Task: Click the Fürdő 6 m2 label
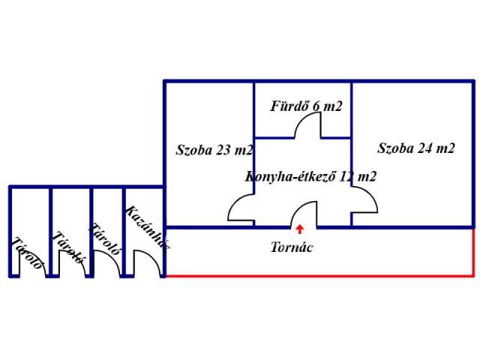point(306,106)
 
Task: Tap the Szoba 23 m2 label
point(214,150)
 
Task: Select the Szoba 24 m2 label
point(416,148)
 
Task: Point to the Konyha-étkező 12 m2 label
point(310,177)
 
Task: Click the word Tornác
point(292,247)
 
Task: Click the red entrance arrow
point(300,230)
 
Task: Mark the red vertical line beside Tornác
point(474,252)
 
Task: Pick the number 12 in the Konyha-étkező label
point(346,177)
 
